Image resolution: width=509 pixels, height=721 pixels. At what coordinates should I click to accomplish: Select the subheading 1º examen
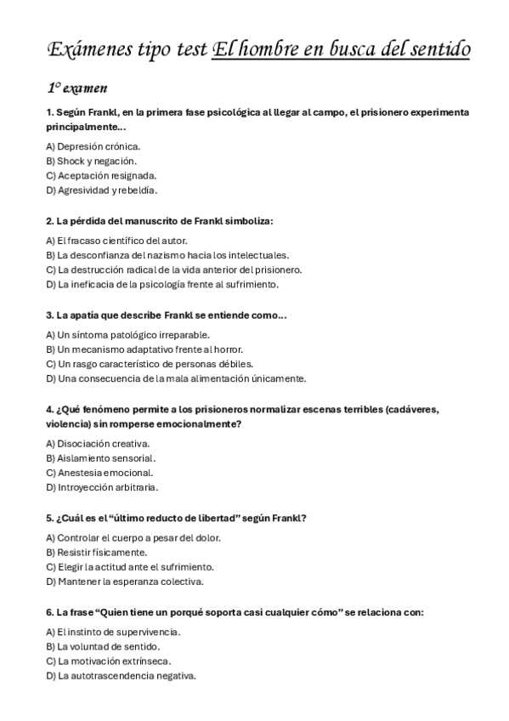[x=76, y=88]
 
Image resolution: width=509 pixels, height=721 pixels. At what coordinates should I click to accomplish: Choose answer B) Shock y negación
[x=91, y=161]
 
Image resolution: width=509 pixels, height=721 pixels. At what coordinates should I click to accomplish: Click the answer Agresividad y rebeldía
[x=106, y=190]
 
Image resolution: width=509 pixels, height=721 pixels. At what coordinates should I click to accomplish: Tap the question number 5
[x=49, y=518]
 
